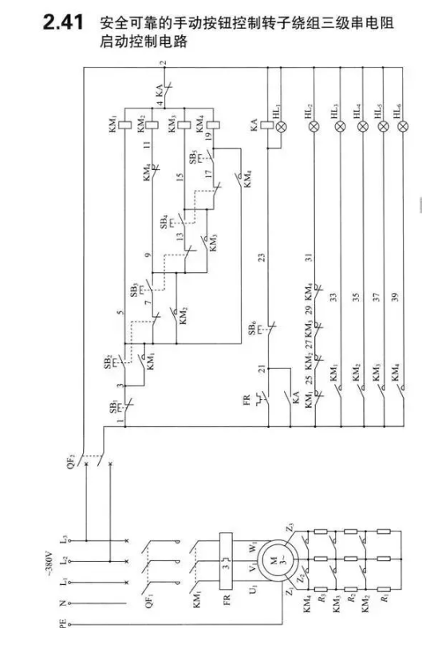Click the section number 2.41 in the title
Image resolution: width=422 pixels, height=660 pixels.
63,22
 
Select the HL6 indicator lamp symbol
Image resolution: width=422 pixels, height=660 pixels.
403,125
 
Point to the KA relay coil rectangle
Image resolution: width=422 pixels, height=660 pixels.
267,125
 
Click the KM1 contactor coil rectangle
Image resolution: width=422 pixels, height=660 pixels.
125,124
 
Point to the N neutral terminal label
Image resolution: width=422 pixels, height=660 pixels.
63,603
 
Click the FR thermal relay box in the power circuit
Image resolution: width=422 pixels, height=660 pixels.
226,562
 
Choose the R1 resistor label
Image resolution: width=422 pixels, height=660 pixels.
384,598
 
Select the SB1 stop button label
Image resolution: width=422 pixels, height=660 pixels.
113,408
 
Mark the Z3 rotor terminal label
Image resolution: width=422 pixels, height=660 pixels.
290,527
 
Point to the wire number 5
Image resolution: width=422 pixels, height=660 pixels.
120,312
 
